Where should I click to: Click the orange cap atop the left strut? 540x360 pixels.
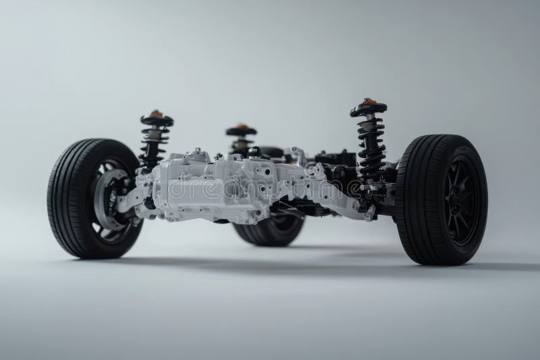(157, 113)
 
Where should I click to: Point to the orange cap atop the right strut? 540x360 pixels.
(369, 101)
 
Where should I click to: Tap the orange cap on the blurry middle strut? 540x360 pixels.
(240, 126)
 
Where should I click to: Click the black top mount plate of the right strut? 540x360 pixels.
(369, 108)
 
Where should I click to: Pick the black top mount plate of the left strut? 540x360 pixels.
(157, 120)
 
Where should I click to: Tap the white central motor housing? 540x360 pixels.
(216, 186)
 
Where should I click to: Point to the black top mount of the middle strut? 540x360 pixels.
(241, 132)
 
